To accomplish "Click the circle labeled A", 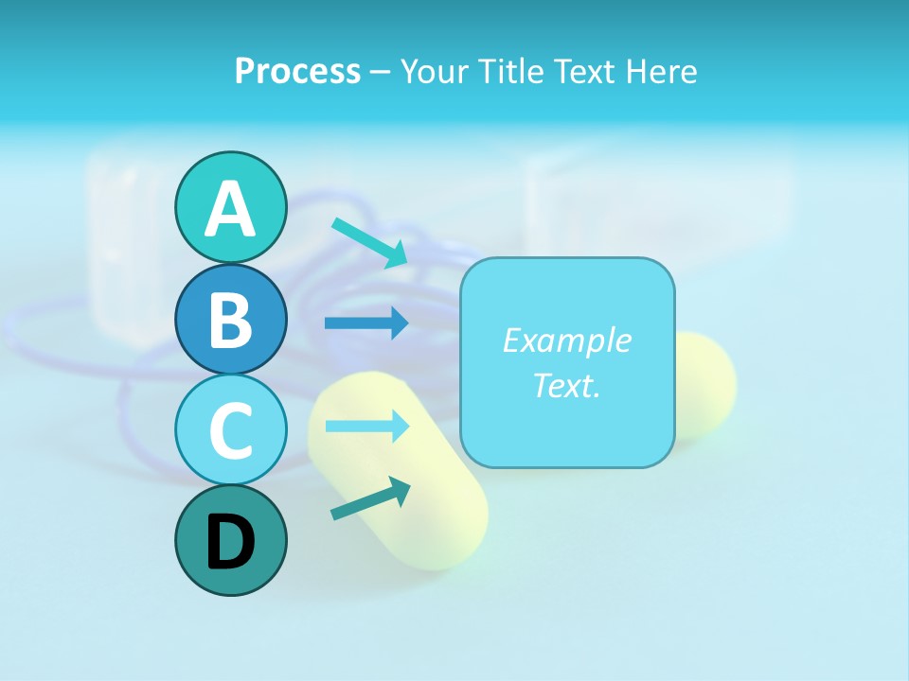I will (230, 207).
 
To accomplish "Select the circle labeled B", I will (230, 319).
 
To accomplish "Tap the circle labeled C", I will (230, 428).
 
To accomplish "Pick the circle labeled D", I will (230, 540).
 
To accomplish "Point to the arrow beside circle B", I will (366, 323).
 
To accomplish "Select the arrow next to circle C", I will (366, 426).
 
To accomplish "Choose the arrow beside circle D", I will (370, 498).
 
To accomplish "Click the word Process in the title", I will (297, 72).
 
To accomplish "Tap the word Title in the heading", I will (508, 72).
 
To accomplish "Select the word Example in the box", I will (566, 340).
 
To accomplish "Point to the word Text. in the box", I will (566, 385).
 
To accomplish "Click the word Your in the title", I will (433, 72).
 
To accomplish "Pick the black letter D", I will (230, 542).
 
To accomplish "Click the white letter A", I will (230, 209).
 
